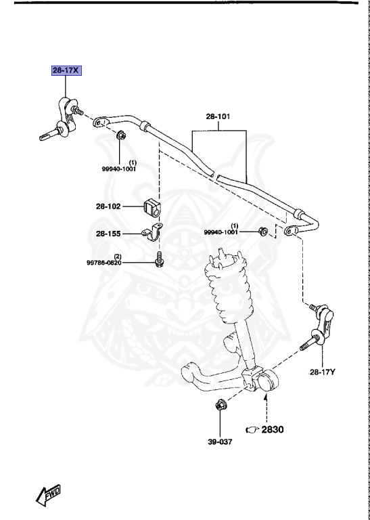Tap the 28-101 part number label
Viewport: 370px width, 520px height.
[x=218, y=116]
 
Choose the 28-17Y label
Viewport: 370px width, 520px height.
[x=323, y=372]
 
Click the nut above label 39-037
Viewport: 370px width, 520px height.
[x=220, y=407]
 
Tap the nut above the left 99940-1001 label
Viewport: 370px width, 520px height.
[x=120, y=135]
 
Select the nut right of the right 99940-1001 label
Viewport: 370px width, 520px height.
[x=264, y=233]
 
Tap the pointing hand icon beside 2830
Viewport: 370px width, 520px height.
[x=252, y=429]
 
